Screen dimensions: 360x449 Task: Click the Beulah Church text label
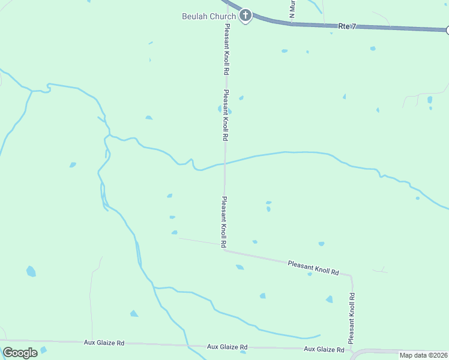pos(209,16)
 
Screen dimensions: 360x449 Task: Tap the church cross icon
pos(245,16)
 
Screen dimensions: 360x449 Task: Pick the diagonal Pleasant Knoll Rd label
pos(313,268)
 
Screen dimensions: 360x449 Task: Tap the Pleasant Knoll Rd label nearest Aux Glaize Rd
pos(352,314)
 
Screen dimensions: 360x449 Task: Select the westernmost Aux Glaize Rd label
pos(104,343)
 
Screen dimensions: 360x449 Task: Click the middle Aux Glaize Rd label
pos(227,347)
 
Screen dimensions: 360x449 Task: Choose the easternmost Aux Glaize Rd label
pos(324,349)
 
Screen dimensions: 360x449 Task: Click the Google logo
pos(20,353)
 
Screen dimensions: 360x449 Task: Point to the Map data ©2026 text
pos(423,355)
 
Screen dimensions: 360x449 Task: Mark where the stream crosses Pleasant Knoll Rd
pos(225,163)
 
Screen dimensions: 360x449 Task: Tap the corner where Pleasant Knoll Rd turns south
pos(351,277)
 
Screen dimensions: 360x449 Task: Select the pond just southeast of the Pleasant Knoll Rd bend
pos(240,267)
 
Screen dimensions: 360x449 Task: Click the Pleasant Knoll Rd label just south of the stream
pos(223,222)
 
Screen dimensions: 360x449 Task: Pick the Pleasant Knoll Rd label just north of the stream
pos(225,115)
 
